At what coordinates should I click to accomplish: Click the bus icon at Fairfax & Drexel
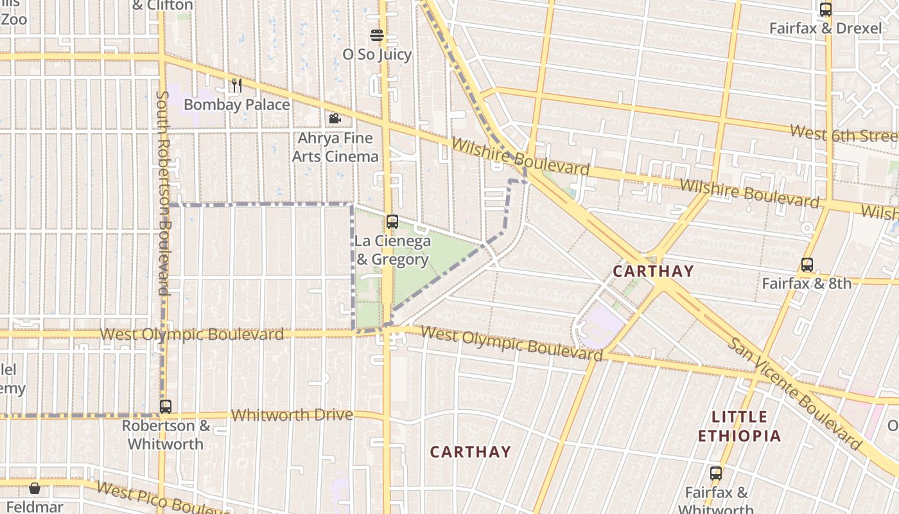click(x=826, y=10)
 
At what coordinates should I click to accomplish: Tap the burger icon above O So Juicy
click(x=377, y=35)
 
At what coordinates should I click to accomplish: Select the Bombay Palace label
click(x=236, y=104)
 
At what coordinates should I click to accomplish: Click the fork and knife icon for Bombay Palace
click(x=237, y=85)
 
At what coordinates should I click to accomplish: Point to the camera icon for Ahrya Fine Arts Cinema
click(x=335, y=118)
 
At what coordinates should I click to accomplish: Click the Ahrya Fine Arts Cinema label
click(x=335, y=147)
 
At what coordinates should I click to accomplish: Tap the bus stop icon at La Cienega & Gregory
click(x=392, y=222)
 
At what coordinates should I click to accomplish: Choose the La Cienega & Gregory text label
click(x=392, y=251)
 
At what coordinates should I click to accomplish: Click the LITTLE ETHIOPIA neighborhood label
click(x=739, y=427)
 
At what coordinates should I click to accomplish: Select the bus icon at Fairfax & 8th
click(x=807, y=265)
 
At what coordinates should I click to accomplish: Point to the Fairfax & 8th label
click(x=807, y=283)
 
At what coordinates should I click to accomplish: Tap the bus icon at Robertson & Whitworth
click(x=166, y=407)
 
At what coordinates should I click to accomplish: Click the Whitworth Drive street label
click(x=292, y=415)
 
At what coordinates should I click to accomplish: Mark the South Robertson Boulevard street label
click(x=163, y=193)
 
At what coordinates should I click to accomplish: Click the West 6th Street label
click(x=842, y=134)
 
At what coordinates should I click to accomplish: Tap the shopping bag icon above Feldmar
click(x=35, y=488)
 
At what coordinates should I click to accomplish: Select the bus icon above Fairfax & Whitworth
click(x=716, y=474)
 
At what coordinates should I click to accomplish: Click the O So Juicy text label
click(x=377, y=55)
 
